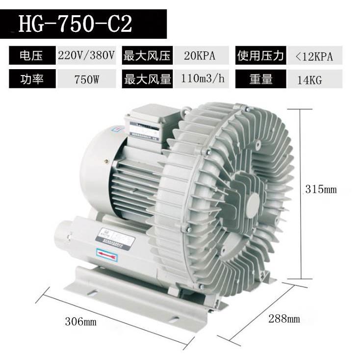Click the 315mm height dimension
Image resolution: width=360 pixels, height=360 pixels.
321,189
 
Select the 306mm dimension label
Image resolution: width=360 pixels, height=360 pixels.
80,322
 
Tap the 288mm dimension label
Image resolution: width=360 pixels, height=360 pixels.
283,319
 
